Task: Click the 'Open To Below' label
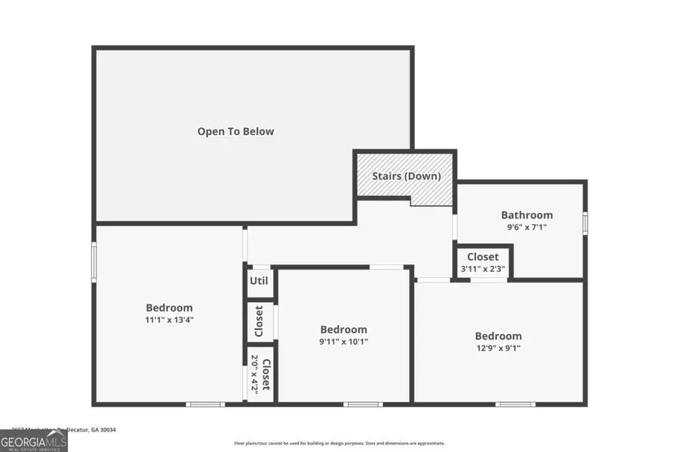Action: coord(235,131)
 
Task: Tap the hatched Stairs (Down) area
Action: coord(405,176)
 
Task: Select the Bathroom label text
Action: coord(527,215)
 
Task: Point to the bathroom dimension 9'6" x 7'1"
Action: coord(527,226)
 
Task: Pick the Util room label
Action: coord(259,282)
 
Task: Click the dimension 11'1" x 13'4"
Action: coord(169,319)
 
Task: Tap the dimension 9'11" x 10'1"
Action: coord(343,341)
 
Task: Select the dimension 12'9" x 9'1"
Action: coord(498,347)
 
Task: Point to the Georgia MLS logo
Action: coord(34,440)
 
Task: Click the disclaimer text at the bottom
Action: coord(339,443)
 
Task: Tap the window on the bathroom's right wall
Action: coord(585,223)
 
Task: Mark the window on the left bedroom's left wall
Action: coord(94,262)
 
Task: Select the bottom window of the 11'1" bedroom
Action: coord(205,404)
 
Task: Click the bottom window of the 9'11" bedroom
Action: coord(363,404)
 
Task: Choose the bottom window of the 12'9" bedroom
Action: coord(515,404)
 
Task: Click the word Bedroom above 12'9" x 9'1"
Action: coord(498,336)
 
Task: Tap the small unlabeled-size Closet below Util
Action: coord(259,321)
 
